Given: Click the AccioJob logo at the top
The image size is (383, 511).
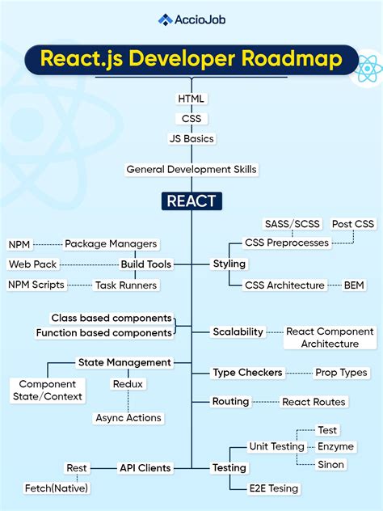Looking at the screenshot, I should (x=191, y=20).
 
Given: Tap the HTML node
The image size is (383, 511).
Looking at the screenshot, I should (x=191, y=99).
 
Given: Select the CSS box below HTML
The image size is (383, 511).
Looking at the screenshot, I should (x=191, y=118).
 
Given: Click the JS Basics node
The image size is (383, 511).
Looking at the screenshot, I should (x=191, y=138).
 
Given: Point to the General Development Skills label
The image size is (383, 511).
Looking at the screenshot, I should (x=191, y=169).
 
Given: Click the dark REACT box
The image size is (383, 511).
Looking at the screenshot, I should (x=191, y=201).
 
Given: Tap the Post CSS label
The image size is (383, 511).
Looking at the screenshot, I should (x=353, y=223).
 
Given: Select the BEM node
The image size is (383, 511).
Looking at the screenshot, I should (x=354, y=285).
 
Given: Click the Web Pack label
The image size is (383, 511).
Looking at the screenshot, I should (x=32, y=264).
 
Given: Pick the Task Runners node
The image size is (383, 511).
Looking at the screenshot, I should (x=125, y=285).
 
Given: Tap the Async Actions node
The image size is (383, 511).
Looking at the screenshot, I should (x=128, y=418).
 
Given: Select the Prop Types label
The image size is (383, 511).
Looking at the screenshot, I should (x=340, y=373).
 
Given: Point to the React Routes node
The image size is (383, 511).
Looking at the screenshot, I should (x=313, y=402).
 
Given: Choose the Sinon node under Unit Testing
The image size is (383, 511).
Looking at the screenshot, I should (x=330, y=464).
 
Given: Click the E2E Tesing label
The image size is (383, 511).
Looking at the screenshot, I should (x=273, y=488).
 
